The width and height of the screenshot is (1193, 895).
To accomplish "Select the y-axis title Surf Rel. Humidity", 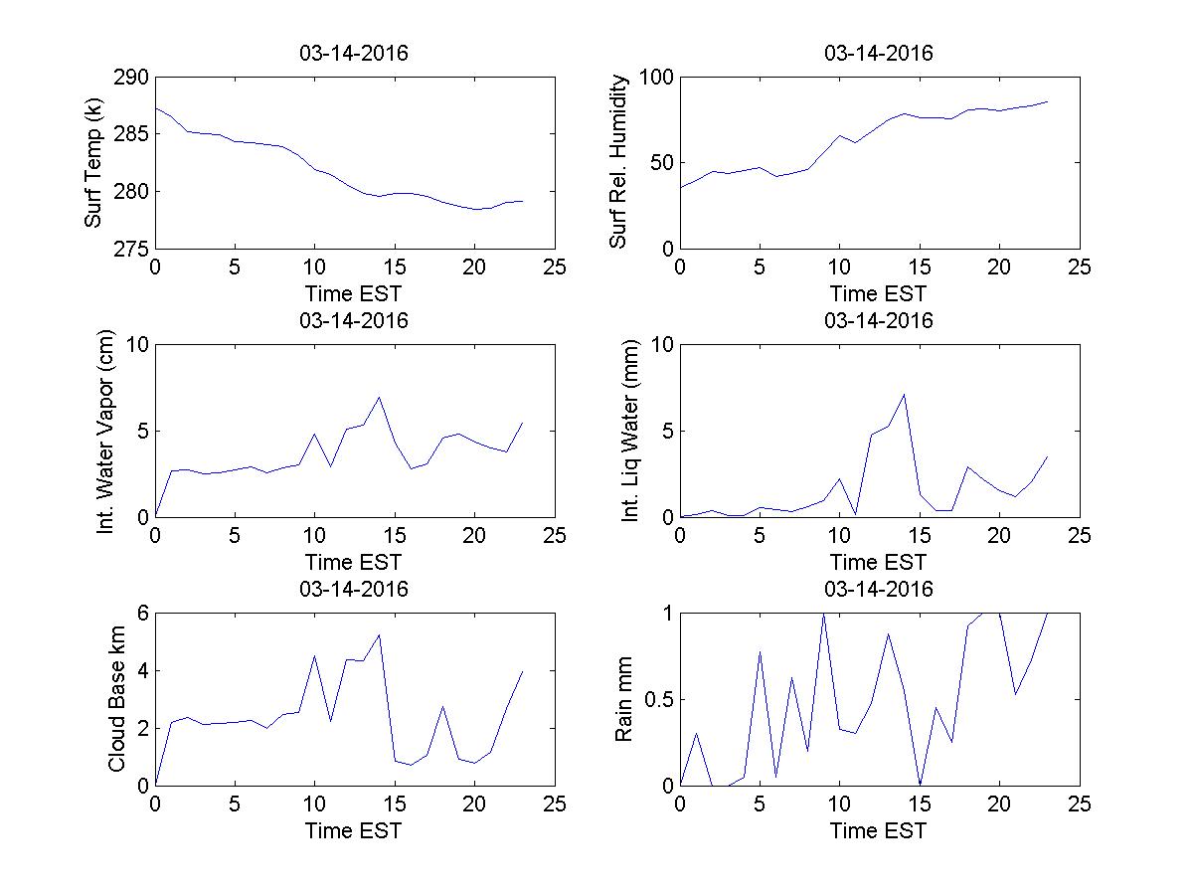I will coord(618,162).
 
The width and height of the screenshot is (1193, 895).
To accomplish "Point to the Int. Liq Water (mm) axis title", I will coord(630,431).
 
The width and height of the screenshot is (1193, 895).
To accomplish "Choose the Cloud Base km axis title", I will coord(116,699).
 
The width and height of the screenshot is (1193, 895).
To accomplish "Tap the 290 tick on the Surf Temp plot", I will coord(131,78).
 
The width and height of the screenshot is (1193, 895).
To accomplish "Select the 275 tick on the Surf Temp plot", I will coord(131,248).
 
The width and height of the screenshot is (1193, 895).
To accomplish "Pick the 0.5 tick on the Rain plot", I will coord(658,699).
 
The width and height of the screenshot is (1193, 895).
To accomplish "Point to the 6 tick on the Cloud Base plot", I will coord(142,614).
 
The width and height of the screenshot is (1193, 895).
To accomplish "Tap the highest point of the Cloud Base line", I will coord(379,634).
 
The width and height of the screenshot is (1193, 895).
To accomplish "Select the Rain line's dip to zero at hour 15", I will coord(920,785).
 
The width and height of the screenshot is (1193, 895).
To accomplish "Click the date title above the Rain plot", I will coord(879,590).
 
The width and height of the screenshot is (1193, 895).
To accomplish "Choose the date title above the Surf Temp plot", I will coord(354,54).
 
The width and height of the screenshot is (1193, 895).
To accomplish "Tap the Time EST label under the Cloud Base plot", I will coord(354,830).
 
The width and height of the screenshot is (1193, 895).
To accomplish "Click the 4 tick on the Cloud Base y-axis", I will coord(142,670).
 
